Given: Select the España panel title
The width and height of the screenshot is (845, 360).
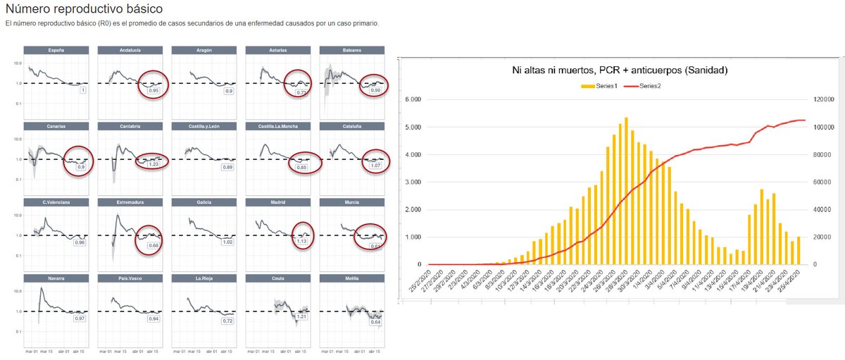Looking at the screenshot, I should [x=56, y=50].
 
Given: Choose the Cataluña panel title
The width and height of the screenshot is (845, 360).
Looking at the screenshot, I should [x=352, y=126].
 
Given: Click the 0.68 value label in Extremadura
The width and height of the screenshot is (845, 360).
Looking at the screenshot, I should [x=154, y=245].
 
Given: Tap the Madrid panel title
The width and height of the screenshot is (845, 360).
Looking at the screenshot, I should [x=278, y=202].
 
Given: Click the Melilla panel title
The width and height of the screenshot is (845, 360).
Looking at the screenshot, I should [x=352, y=278].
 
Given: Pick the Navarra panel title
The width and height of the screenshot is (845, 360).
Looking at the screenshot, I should [x=56, y=278].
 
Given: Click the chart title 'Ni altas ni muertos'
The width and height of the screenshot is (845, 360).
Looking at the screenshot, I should [x=619, y=70].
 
